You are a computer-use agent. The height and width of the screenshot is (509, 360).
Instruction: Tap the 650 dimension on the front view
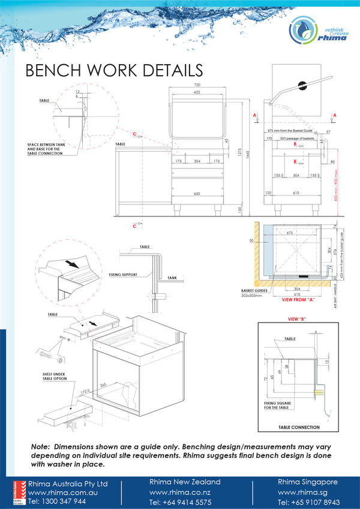pyautogui.click(x=196, y=194)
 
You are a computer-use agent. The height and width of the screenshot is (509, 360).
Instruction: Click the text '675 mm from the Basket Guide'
pyautogui.click(x=291, y=130)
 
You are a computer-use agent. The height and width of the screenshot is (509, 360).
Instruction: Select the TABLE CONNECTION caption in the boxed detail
pyautogui.click(x=299, y=427)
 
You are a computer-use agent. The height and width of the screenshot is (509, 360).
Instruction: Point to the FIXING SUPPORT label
pyautogui.click(x=123, y=275)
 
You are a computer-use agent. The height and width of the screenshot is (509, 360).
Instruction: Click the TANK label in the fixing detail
pyautogui.click(x=172, y=278)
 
